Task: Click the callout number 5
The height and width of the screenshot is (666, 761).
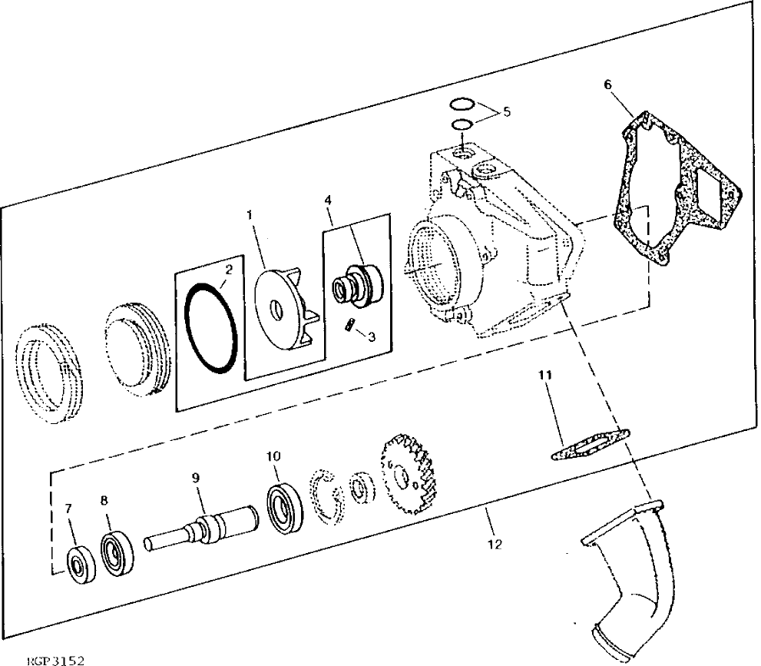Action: click(x=506, y=111)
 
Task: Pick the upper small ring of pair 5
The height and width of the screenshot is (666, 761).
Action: click(x=462, y=104)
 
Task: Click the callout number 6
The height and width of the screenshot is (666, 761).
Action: click(x=608, y=85)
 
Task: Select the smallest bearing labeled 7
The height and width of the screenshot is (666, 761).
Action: click(x=77, y=565)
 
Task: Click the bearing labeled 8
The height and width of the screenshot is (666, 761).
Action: click(x=117, y=551)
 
